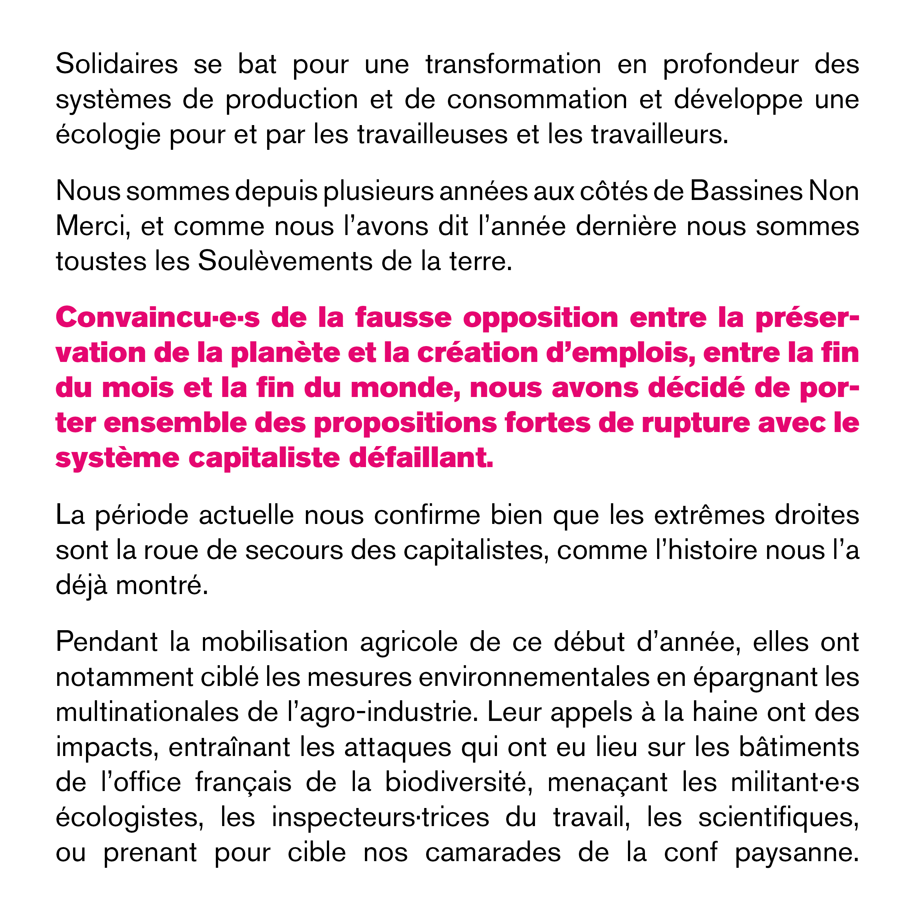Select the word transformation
pos(513,65)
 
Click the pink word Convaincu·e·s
pos(157,318)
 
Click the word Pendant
pos(107,643)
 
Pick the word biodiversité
pos(456,783)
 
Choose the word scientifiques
pos(778,818)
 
